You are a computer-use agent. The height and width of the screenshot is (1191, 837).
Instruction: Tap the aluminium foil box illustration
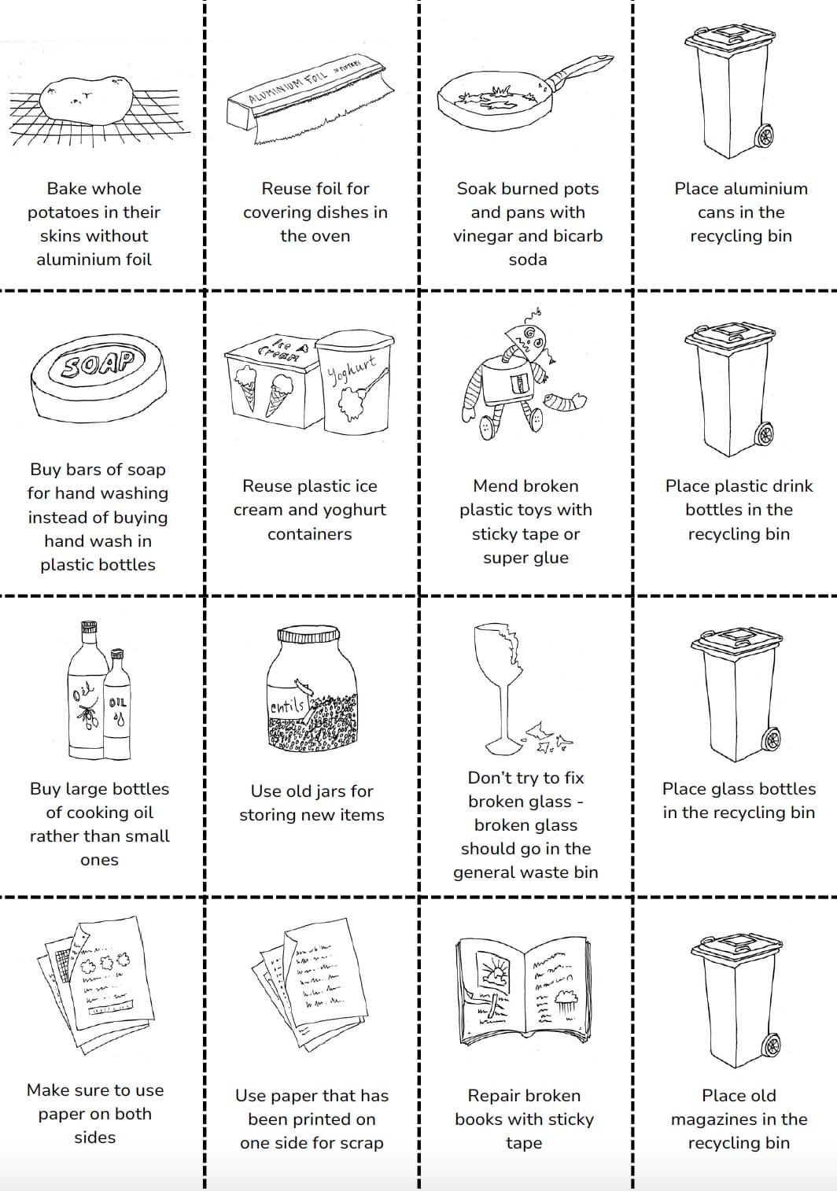point(307,94)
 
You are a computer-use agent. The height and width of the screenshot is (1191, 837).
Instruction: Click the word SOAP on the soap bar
point(98,365)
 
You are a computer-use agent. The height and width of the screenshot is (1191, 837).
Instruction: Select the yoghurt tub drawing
point(356,382)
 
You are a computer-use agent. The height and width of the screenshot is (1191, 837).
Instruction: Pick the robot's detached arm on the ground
point(566,402)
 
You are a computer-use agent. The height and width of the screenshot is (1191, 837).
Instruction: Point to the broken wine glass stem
point(502,711)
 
